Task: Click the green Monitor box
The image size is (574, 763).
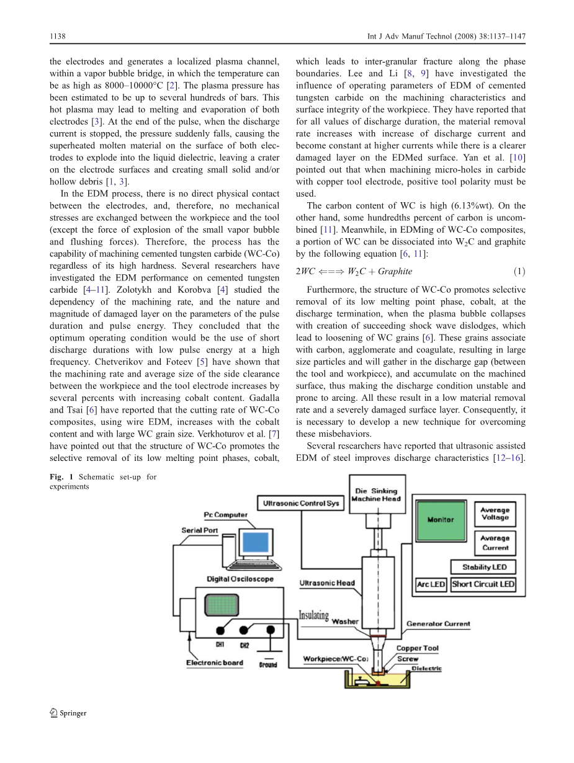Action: click(441, 519)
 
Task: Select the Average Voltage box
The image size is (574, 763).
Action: click(495, 514)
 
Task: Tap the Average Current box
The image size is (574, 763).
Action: click(495, 543)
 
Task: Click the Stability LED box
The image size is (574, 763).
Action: click(484, 567)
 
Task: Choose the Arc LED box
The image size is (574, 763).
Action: click(431, 584)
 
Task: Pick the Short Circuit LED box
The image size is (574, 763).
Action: click(483, 584)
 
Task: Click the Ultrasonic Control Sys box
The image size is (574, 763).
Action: click(301, 503)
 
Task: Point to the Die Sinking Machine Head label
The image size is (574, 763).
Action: click(376, 494)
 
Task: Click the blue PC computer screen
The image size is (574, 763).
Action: click(254, 543)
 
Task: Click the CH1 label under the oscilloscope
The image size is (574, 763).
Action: click(220, 645)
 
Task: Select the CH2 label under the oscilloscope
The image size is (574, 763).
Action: click(244, 645)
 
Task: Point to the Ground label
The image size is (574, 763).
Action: click(268, 664)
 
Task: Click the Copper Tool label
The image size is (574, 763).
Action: click(417, 648)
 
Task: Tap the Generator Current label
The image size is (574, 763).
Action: click(438, 623)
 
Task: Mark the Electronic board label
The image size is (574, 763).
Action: click(215, 663)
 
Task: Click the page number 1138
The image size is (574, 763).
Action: click(57, 37)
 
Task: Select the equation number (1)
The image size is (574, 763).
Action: click(519, 271)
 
